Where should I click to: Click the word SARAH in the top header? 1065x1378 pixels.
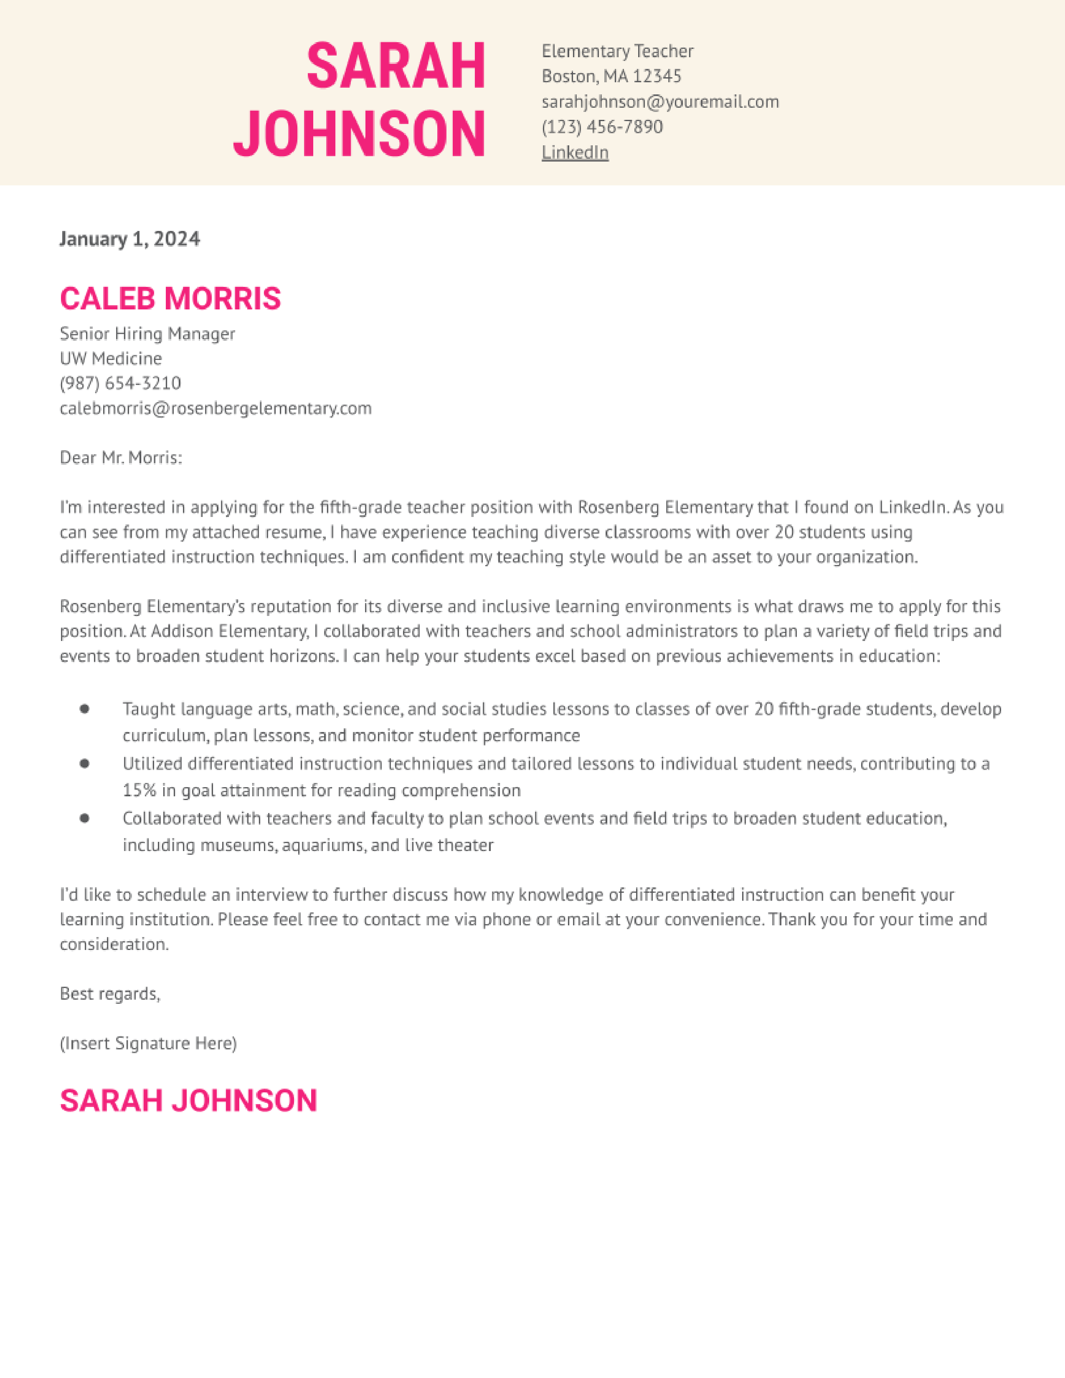click(396, 66)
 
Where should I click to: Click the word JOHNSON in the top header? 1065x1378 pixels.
click(360, 134)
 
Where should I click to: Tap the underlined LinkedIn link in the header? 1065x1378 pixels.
click(575, 153)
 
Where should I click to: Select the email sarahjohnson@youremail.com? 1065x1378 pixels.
click(660, 101)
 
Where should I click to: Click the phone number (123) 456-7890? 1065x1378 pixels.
click(602, 127)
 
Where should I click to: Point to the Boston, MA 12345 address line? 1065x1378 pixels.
click(611, 76)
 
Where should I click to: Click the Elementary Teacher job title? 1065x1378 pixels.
click(617, 51)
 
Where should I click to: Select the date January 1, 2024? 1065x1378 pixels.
click(129, 238)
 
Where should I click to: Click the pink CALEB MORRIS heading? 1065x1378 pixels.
click(170, 299)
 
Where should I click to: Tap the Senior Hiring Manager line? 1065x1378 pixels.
click(147, 333)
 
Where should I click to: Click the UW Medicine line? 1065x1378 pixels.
click(111, 358)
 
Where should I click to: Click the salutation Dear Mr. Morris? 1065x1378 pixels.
click(121, 457)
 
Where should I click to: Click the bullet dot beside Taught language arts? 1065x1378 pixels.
click(84, 709)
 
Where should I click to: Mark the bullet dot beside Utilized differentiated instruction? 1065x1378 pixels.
click(84, 763)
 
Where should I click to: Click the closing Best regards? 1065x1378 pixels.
click(110, 994)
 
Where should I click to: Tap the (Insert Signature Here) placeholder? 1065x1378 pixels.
click(148, 1044)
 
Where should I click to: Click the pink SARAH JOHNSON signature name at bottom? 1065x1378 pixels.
click(188, 1100)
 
